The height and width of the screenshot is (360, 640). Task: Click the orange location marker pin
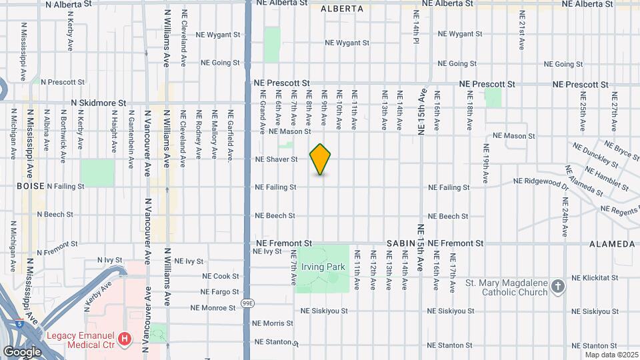pyautogui.click(x=321, y=159)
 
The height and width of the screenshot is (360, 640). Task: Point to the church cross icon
pyautogui.click(x=558, y=287)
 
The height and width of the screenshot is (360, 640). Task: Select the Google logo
pyautogui.click(x=22, y=351)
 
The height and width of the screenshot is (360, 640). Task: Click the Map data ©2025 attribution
pyautogui.click(x=611, y=354)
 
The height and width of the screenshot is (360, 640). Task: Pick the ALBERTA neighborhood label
pyautogui.click(x=342, y=9)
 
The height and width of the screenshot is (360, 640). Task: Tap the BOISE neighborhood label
pyautogui.click(x=31, y=186)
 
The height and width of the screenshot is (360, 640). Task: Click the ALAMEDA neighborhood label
pyautogui.click(x=612, y=244)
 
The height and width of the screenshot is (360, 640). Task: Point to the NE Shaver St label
pyautogui.click(x=276, y=159)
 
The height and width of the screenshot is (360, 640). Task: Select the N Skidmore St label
pyautogui.click(x=99, y=103)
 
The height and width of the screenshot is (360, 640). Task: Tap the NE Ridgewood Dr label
pyautogui.click(x=541, y=181)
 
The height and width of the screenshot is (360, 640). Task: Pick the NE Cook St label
pyautogui.click(x=220, y=276)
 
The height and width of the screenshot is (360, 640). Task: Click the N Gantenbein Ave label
pyautogui.click(x=131, y=137)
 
